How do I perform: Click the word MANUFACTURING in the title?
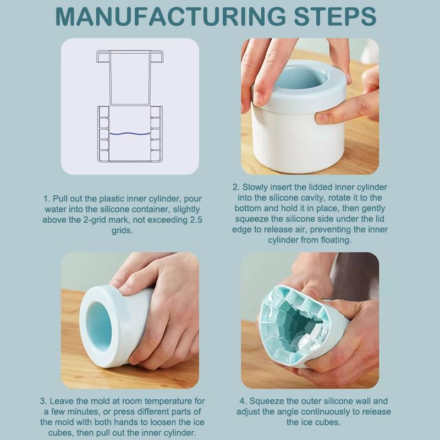point(170,17)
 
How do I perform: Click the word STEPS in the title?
point(335,17)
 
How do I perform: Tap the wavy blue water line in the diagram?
point(130,134)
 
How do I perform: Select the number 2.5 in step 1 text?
point(196,219)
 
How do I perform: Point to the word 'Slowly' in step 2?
point(255,187)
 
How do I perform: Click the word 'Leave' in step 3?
point(61,401)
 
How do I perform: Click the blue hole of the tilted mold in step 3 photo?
point(100,327)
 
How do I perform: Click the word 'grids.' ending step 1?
point(122,230)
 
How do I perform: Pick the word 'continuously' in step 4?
point(327,412)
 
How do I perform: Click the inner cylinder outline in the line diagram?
point(130,78)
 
